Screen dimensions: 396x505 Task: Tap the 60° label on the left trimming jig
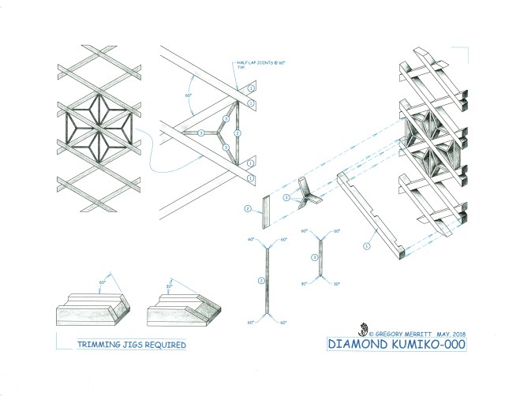tap(103, 282)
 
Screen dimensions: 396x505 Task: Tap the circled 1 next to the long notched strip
tap(366, 245)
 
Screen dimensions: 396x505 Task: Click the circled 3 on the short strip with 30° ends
tap(314, 256)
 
